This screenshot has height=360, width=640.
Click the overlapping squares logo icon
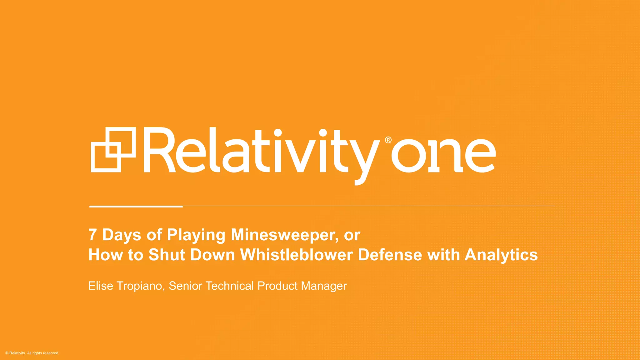[x=113, y=150]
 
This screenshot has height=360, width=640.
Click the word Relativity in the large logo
[x=261, y=152]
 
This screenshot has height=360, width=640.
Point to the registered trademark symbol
[x=388, y=140]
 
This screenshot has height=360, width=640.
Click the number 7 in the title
[x=92, y=235]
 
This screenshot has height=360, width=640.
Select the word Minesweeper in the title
[x=284, y=235]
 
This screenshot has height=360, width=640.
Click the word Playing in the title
[x=196, y=235]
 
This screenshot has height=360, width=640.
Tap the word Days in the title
[x=122, y=235]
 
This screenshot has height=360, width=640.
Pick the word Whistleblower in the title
[x=297, y=255]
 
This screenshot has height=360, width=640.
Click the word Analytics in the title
[x=501, y=255]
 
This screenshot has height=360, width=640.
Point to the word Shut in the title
[x=167, y=255]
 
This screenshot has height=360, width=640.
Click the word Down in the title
[x=212, y=255]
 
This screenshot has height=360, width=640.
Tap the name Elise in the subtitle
[x=101, y=286]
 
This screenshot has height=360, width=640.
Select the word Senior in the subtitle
[x=186, y=286]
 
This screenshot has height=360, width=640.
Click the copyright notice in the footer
[x=32, y=353]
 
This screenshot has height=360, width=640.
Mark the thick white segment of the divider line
[x=136, y=206]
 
